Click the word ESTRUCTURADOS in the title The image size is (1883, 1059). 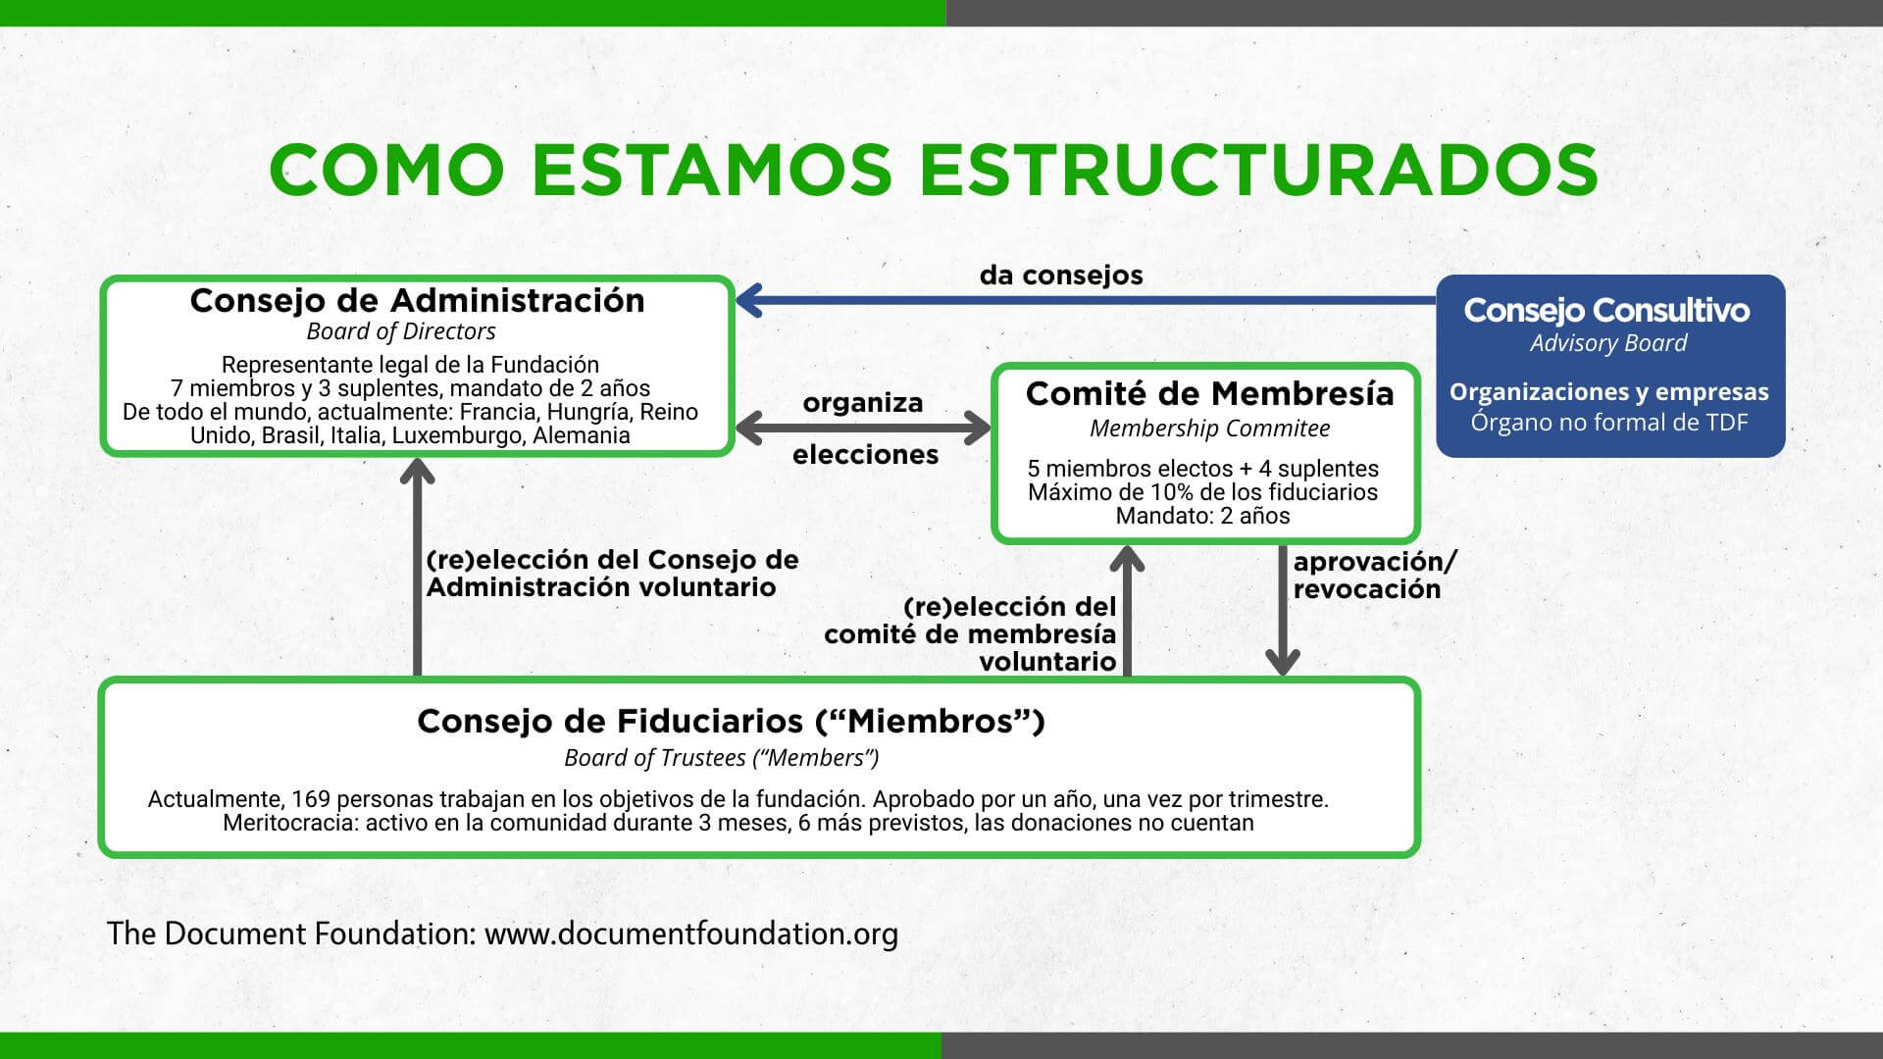[x=1258, y=169]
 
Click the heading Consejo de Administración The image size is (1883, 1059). [x=418, y=300]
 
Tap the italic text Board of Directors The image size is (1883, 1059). [x=401, y=331]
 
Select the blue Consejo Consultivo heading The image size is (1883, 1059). [x=1607, y=311]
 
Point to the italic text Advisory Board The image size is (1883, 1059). [x=1608, y=343]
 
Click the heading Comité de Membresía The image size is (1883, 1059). [x=1210, y=393]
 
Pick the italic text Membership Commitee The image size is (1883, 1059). [x=1209, y=429]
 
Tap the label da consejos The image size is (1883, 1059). [x=1061, y=276]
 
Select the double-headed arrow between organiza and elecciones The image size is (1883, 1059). [x=863, y=429]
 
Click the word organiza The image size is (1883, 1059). [x=863, y=403]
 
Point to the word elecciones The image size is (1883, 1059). [x=866, y=455]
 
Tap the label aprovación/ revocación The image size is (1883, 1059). [x=1375, y=576]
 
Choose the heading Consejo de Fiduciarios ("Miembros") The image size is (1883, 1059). [x=731, y=722]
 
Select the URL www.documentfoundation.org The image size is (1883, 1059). [x=691, y=933]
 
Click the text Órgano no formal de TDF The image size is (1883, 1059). [x=1609, y=423]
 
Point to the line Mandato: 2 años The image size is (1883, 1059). [x=1203, y=516]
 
